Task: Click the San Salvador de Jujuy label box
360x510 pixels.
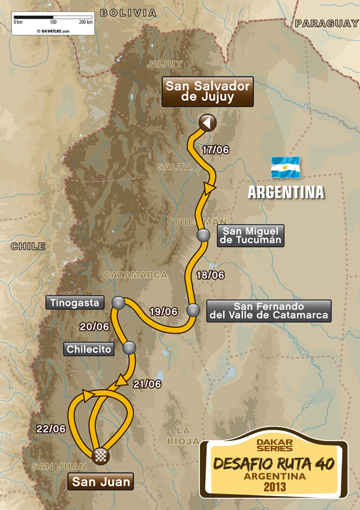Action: (207, 92)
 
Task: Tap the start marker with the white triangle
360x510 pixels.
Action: (208, 123)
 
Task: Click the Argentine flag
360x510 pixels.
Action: (286, 167)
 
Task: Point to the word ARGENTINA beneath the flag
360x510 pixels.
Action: (286, 193)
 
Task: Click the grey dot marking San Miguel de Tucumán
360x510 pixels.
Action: (203, 236)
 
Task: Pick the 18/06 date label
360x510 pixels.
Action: (211, 275)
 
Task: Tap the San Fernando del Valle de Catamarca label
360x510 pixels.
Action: (268, 310)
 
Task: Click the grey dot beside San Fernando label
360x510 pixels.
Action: (193, 310)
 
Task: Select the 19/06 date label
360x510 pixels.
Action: (163, 311)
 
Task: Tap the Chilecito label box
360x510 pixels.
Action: (90, 349)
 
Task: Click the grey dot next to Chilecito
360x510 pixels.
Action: (129, 347)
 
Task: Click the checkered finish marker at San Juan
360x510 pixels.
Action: (99, 456)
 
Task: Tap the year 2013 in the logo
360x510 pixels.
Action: (273, 487)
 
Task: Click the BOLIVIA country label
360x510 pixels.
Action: (128, 13)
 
